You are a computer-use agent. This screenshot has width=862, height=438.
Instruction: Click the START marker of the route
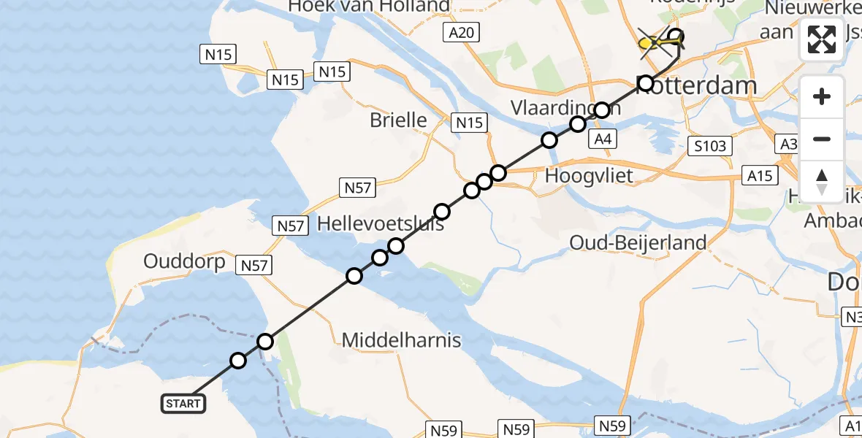pyautogui.click(x=183, y=403)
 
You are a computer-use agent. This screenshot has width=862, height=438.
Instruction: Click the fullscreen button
pyautogui.click(x=822, y=39)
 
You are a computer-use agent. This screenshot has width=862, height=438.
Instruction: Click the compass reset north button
pyautogui.click(x=822, y=182)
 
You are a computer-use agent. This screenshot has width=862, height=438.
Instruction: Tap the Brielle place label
pyautogui.click(x=398, y=120)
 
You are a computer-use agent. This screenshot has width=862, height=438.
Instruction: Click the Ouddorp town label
pyautogui.click(x=185, y=261)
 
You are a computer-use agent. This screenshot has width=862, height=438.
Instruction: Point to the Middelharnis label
pyautogui.click(x=401, y=339)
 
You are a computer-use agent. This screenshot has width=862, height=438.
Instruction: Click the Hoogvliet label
pyautogui.click(x=589, y=175)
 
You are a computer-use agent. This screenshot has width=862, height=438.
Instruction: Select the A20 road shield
pyautogui.click(x=462, y=31)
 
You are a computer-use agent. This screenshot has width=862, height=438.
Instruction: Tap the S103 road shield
pyautogui.click(x=710, y=146)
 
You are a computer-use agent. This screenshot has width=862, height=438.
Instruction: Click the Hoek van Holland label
pyautogui.click(x=369, y=7)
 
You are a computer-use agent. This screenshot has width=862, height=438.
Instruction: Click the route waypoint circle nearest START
pyautogui.click(x=238, y=361)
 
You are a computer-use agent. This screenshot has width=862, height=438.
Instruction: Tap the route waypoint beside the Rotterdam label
pyautogui.click(x=646, y=83)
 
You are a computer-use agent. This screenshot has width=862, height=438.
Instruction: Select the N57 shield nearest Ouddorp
pyautogui.click(x=254, y=266)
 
